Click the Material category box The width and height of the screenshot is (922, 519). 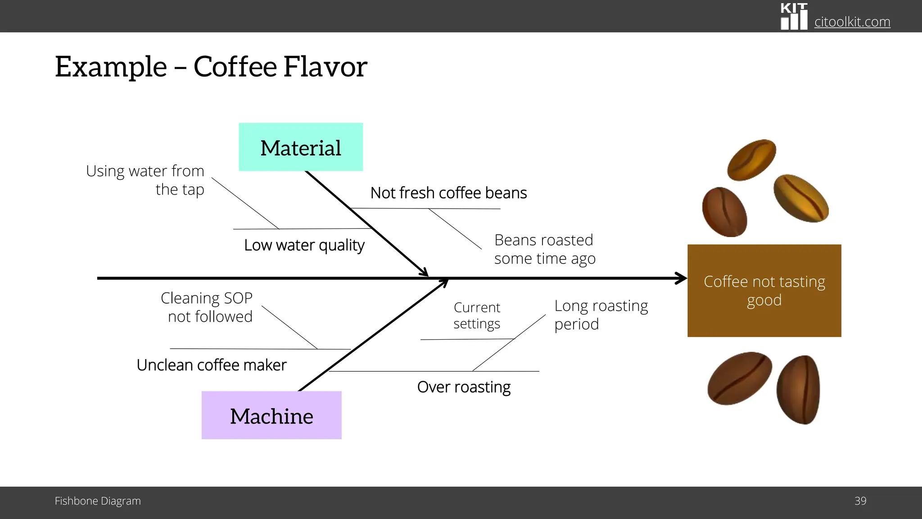point(301,147)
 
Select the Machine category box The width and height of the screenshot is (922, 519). point(271,415)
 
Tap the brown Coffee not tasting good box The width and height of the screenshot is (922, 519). point(764,291)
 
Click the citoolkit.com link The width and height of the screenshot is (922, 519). point(852,22)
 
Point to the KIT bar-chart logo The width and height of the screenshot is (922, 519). point(794,17)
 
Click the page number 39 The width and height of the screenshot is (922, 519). point(860,501)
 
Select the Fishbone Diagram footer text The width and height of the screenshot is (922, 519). point(98,501)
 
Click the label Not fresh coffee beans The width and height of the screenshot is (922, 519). point(448,193)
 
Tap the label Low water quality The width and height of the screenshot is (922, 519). point(304,245)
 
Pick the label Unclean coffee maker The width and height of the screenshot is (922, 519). point(211,365)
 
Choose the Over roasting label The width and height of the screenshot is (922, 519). point(464,387)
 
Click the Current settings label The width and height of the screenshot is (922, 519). point(477,315)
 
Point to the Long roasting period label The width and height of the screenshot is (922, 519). point(601,314)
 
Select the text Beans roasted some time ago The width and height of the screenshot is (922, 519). point(544,249)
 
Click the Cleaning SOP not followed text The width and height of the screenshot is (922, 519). point(207,307)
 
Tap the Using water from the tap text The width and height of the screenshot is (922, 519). point(145,180)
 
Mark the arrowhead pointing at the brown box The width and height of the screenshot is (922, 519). point(681,278)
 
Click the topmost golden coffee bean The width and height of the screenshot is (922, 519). point(751,159)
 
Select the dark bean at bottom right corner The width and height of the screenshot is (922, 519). point(798,390)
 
